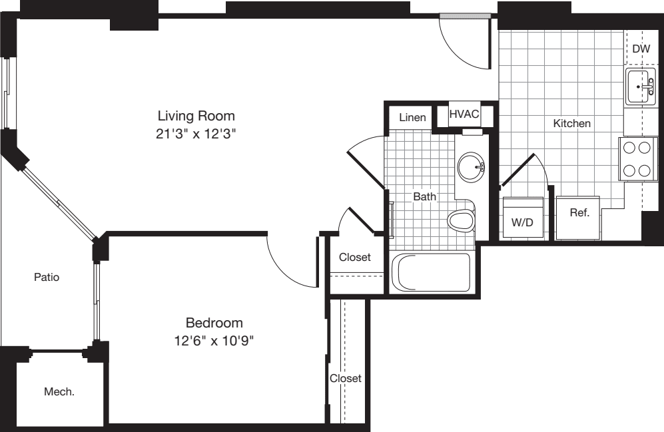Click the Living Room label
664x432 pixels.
click(x=196, y=115)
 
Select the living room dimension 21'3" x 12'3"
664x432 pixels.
click(x=196, y=134)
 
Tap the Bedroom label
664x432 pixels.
click(x=214, y=323)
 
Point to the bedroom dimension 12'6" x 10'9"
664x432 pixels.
click(x=214, y=341)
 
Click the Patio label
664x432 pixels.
click(x=47, y=277)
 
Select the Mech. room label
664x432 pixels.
click(x=59, y=391)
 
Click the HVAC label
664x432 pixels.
click(x=464, y=114)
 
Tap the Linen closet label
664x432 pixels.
click(x=412, y=118)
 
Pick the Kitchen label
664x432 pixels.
click(x=571, y=123)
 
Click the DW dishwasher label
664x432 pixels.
click(x=641, y=49)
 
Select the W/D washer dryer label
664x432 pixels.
click(x=522, y=222)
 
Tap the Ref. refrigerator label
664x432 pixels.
click(x=579, y=213)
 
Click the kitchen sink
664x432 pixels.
click(x=641, y=86)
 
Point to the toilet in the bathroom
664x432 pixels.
click(x=462, y=220)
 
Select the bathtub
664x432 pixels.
click(x=432, y=272)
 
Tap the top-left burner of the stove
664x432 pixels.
click(x=628, y=148)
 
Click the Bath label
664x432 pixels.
click(x=424, y=196)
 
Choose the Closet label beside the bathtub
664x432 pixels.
click(x=354, y=257)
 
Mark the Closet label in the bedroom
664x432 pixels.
click(x=346, y=378)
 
